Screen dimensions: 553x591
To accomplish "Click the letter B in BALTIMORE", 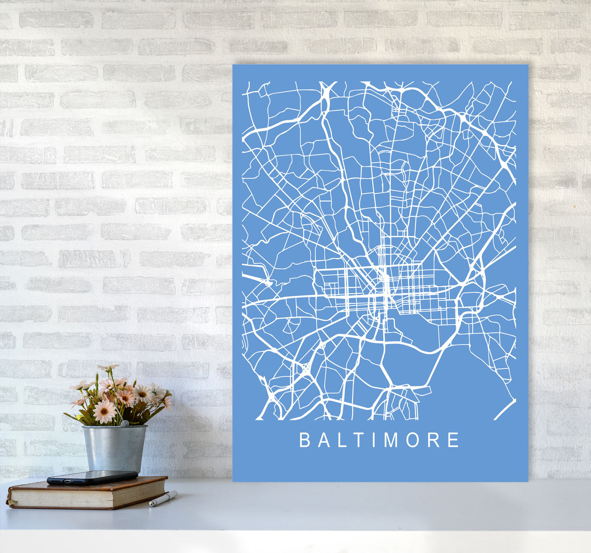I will tap(305, 440).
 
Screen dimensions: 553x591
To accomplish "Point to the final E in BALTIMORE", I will tap(453, 440).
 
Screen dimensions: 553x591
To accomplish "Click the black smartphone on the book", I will tap(92, 477).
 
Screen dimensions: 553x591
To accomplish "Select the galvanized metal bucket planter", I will tap(115, 448).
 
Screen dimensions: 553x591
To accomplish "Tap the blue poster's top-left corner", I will tap(234, 65).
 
